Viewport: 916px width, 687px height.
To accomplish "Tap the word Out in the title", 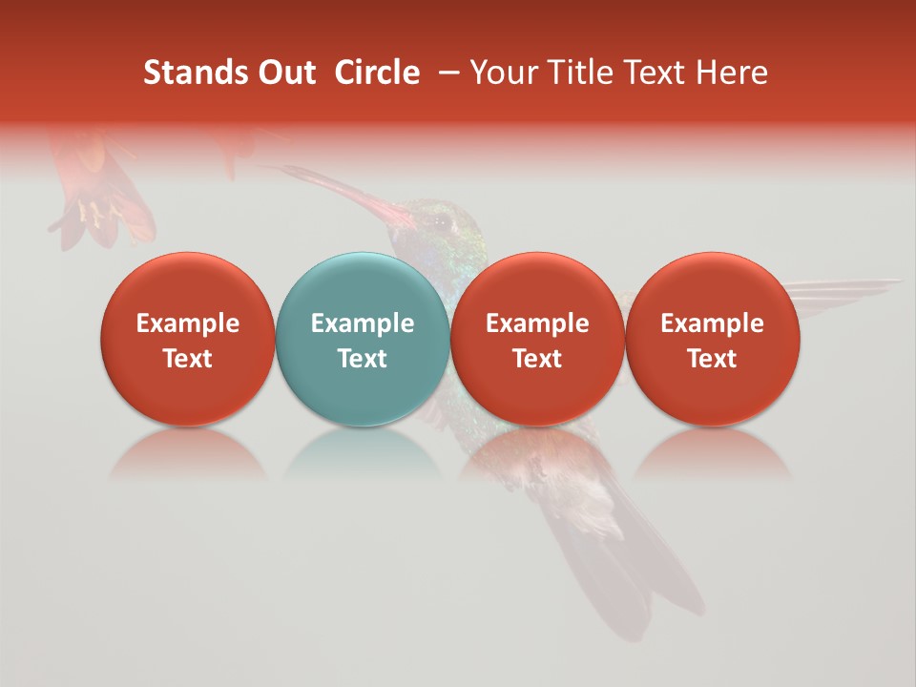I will (283, 73).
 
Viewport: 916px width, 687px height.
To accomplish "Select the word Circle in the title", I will (377, 73).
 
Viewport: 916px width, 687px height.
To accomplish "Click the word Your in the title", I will (502, 73).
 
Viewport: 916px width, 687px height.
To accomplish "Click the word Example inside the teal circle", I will (362, 323).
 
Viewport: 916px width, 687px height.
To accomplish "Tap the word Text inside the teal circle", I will (362, 359).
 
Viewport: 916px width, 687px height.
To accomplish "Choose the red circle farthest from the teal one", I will (712, 339).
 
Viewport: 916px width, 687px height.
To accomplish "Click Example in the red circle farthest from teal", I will (712, 323).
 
